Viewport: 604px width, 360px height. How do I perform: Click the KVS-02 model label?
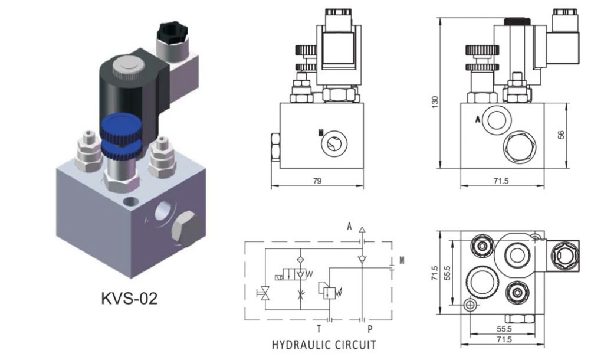pos(130,299)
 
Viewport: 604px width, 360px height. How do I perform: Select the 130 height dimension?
pos(435,102)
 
